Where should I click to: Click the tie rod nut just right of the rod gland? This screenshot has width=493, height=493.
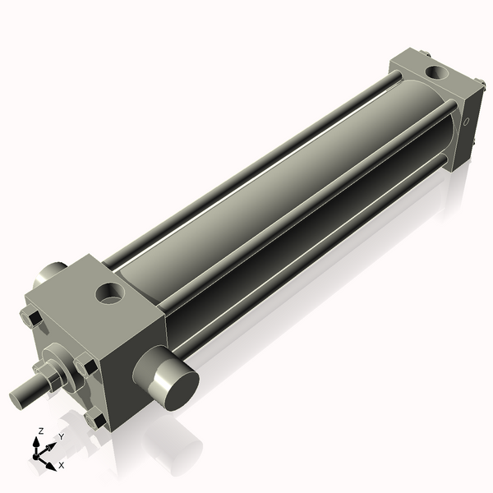tap(85, 363)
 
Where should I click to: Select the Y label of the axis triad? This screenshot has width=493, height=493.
tap(61, 437)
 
